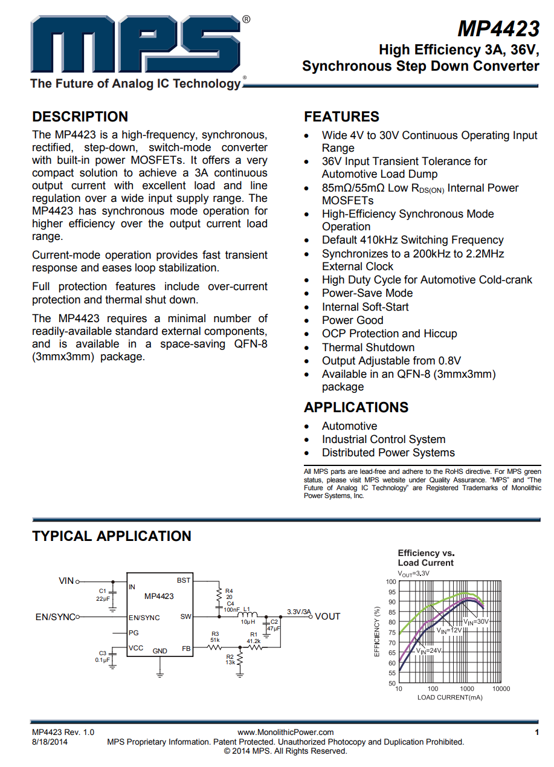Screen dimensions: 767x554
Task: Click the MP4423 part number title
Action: (x=498, y=28)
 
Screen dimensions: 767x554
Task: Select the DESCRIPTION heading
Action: (x=80, y=117)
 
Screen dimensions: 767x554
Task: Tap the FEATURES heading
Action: (x=341, y=117)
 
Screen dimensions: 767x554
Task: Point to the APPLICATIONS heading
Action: (x=356, y=407)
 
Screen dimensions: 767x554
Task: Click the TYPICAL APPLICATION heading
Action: (x=111, y=536)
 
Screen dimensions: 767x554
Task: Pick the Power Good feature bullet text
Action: (x=352, y=320)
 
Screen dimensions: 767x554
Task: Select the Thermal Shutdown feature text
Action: (x=368, y=348)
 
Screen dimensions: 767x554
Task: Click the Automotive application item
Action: (x=349, y=426)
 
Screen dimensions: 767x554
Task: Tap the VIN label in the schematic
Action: (x=66, y=581)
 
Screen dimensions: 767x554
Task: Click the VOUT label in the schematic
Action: (x=327, y=617)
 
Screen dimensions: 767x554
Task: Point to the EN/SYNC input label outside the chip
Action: (x=55, y=617)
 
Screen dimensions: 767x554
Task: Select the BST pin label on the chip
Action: (x=184, y=580)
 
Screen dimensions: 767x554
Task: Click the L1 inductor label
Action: (x=246, y=609)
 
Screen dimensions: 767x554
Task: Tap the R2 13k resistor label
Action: (x=230, y=659)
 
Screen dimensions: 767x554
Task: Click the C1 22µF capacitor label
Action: (x=102, y=594)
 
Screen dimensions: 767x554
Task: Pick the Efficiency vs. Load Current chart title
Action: (x=425, y=558)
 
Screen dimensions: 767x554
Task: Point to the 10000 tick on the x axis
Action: (x=501, y=688)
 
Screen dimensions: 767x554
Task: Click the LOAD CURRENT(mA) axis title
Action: (x=449, y=697)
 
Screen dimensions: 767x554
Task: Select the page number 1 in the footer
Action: (x=536, y=733)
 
